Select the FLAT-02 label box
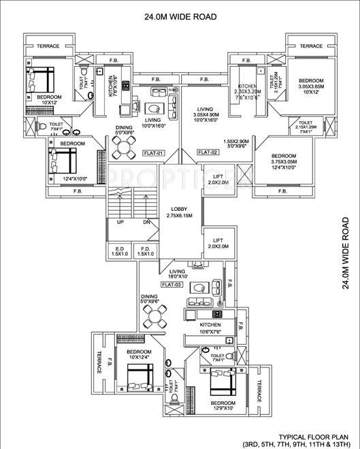[208, 152]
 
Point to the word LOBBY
[180, 209]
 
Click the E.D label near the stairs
[119, 248]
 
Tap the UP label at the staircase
[120, 222]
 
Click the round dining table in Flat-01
[124, 145]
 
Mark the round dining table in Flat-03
[154, 316]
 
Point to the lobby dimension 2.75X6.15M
[180, 216]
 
